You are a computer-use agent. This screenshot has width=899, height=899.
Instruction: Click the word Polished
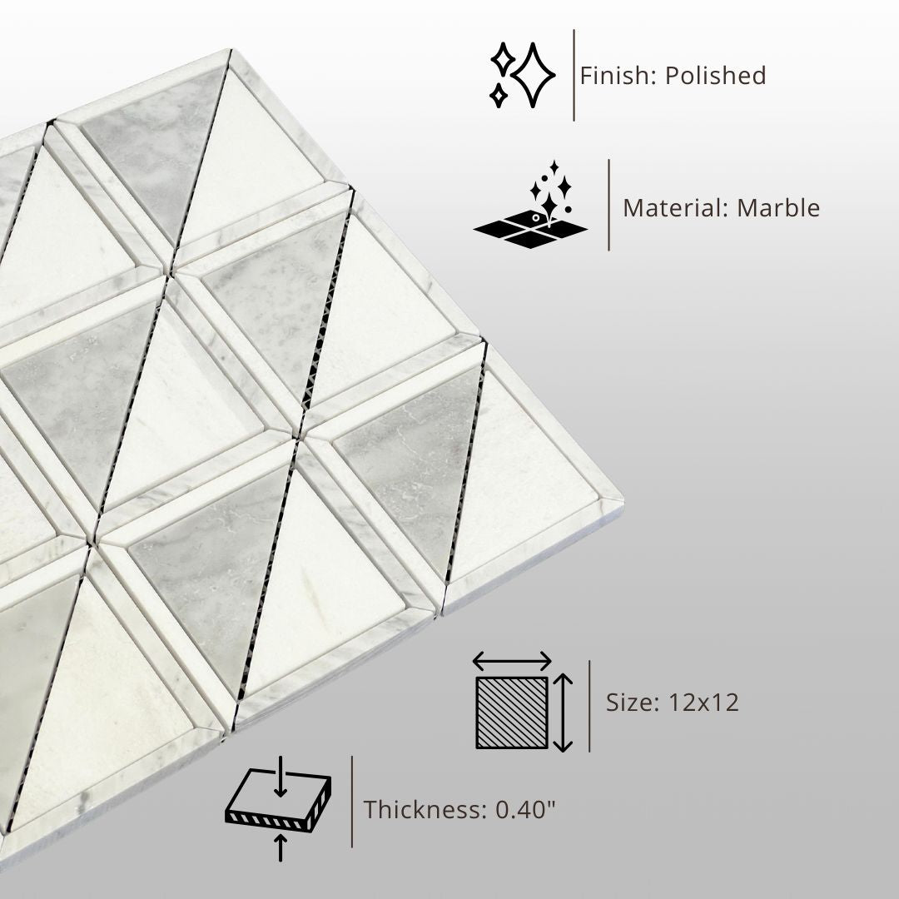coord(716,76)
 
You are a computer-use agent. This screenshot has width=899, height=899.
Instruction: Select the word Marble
coord(778,207)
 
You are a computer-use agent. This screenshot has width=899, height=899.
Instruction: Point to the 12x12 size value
coord(703,702)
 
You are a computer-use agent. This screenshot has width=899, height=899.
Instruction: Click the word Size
coord(632,702)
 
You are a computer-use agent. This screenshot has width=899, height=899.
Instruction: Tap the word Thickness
coord(425,810)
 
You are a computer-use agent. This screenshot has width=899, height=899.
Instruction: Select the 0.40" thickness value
coord(526,809)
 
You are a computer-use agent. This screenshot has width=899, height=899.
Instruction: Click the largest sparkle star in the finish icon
coord(534,75)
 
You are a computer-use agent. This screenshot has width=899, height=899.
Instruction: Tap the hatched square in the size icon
coord(511,713)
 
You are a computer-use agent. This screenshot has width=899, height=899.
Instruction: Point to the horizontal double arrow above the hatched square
coord(511,661)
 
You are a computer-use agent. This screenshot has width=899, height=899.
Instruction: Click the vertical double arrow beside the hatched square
coord(563,713)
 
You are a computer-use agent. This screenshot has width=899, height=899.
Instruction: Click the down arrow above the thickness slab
coord(281,777)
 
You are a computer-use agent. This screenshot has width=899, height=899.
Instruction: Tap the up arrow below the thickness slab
coord(281,848)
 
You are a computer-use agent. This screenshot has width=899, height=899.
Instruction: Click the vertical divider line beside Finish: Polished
coord(574,75)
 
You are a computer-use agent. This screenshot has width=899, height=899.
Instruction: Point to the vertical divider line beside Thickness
coord(352,801)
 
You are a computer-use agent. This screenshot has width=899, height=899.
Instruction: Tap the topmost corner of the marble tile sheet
coord(231,50)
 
